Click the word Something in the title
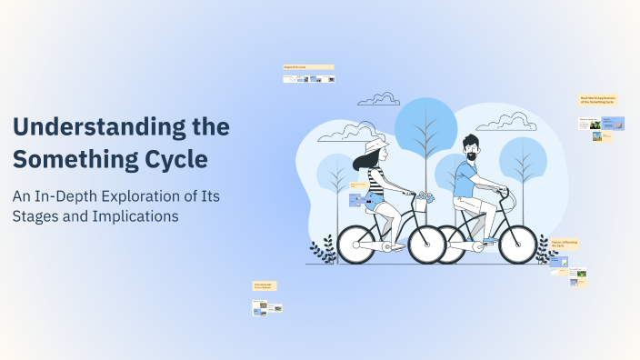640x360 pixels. tap(74, 159)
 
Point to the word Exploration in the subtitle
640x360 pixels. tap(149, 196)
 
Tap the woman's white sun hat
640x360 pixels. tap(375, 147)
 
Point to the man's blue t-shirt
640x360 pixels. tap(466, 182)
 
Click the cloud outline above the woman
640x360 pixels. tap(378, 98)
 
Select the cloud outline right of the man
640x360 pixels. tap(505, 120)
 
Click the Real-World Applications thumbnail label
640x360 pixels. tap(597, 100)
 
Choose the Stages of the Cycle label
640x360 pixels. tap(308, 67)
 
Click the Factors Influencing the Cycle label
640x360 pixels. tap(565, 245)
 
